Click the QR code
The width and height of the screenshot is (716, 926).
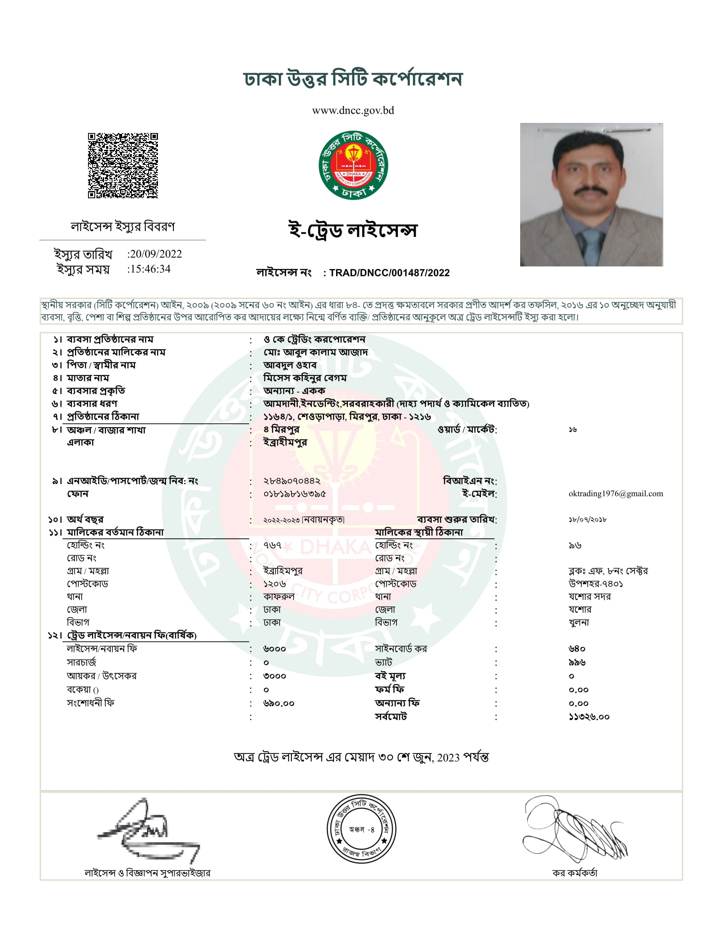[123, 165]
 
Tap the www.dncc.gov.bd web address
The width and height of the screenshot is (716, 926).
[353, 111]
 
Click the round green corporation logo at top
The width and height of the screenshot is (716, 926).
[353, 165]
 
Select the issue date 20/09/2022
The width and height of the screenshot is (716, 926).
[156, 254]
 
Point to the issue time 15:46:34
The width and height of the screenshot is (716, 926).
[150, 269]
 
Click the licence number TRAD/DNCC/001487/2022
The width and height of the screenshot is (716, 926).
[390, 273]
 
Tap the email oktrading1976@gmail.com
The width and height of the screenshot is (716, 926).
[615, 494]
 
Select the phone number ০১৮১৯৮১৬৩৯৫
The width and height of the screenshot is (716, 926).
[294, 494]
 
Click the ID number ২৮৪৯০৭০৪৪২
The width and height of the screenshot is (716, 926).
[292, 481]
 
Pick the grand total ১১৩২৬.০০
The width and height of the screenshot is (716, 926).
[589, 717]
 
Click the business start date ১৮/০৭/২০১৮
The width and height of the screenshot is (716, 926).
[588, 519]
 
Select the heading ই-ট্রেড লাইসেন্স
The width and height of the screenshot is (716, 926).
[353, 230]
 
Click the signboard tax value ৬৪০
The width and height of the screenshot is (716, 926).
[577, 649]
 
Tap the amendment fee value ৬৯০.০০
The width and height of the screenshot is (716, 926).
[279, 703]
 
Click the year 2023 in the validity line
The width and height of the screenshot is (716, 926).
[448, 758]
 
